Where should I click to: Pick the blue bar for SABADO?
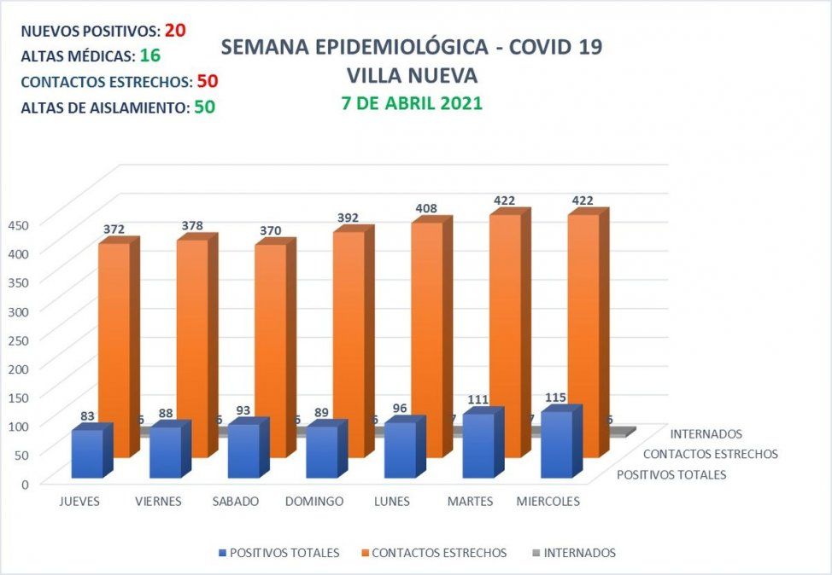tap(243, 450)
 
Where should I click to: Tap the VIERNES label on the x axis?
tap(158, 502)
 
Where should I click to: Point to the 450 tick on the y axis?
tap(18, 224)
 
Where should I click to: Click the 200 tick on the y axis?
tap(18, 368)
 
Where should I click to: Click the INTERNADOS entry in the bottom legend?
tap(578, 553)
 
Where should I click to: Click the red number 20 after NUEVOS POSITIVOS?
tap(175, 30)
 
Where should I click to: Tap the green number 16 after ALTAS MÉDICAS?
tap(150, 56)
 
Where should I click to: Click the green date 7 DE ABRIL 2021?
tap(411, 103)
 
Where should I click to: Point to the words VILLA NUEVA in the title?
tap(411, 75)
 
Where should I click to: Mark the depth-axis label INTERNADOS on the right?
tap(706, 434)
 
